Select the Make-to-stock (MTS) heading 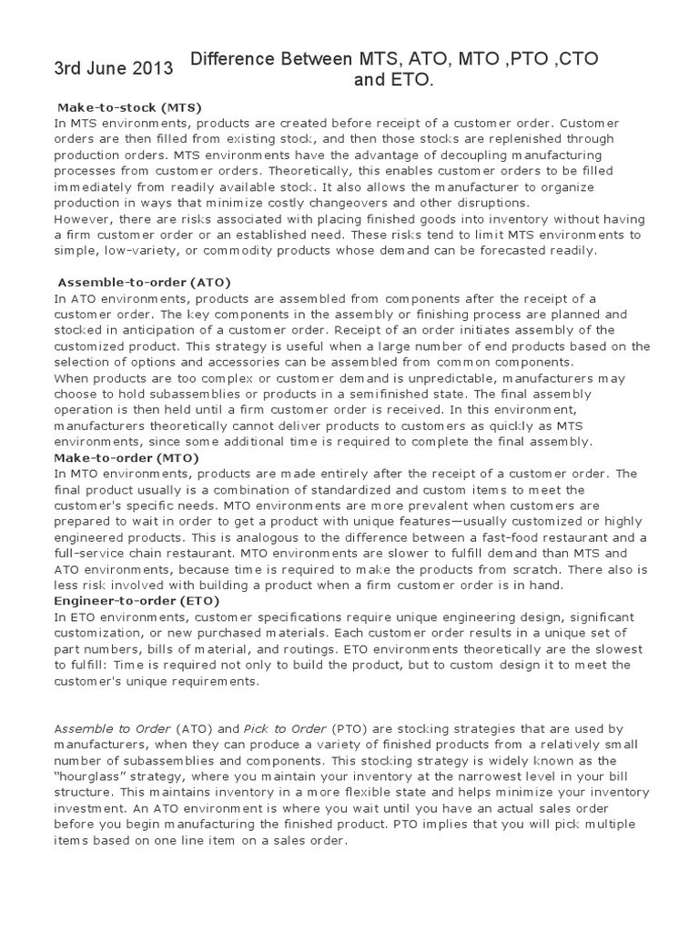(128, 107)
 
